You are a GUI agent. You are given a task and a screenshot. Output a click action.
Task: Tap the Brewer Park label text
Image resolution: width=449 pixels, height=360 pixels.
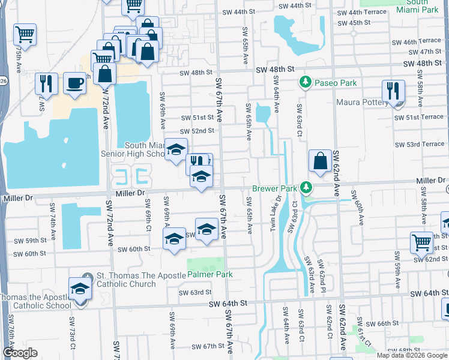[274, 188]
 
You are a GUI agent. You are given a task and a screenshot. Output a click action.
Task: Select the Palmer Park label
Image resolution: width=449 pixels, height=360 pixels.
[209, 274]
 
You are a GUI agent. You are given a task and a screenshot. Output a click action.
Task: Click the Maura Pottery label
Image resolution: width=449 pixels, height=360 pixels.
[362, 102]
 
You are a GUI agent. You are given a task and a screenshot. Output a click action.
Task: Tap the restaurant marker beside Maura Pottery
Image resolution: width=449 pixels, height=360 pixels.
[393, 91]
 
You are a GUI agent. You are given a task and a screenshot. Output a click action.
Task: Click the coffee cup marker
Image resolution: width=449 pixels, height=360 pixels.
[74, 83]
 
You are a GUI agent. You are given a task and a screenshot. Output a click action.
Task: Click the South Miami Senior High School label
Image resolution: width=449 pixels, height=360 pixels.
[144, 149]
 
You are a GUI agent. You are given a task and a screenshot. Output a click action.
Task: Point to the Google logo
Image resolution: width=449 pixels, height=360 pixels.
[20, 353]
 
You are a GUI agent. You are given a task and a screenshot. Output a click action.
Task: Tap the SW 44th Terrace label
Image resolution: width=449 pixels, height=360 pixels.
[362, 12]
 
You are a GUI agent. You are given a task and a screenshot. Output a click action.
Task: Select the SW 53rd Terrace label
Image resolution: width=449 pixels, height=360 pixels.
[420, 145]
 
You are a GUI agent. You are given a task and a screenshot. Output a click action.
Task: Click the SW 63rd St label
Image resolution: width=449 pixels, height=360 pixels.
[196, 293]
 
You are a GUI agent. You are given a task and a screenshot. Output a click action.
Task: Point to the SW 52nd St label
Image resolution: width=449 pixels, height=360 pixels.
[197, 131]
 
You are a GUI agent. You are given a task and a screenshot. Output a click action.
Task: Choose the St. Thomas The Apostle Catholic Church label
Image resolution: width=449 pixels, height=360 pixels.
[126, 280]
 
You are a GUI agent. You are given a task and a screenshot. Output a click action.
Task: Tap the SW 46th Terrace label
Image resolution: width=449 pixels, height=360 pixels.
[418, 42]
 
